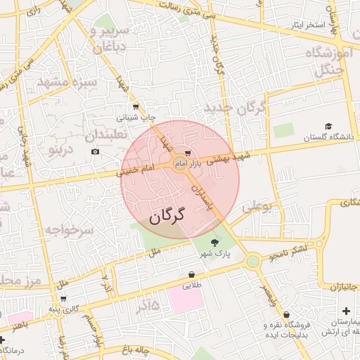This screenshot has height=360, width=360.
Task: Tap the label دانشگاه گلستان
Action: click(x=326, y=138)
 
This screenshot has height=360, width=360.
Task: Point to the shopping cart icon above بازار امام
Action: click(x=188, y=153)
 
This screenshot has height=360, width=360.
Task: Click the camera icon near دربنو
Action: click(x=95, y=152)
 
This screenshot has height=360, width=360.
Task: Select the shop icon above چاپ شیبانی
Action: click(x=135, y=107)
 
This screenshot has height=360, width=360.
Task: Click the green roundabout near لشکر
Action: click(x=252, y=262)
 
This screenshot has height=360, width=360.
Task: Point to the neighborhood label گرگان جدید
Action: click(x=235, y=108)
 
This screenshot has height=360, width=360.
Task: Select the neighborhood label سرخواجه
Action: click(x=70, y=230)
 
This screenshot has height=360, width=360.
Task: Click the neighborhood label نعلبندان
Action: click(x=105, y=134)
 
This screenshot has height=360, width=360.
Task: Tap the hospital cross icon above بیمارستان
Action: click(x=346, y=311)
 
